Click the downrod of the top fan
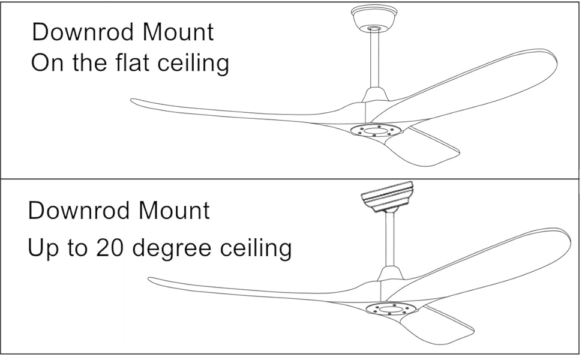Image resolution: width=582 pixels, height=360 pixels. (375, 60)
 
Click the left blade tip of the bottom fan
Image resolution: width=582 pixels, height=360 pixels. (154, 280)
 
